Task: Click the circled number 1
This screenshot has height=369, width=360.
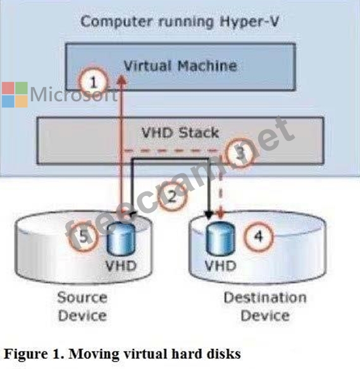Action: tap(94, 82)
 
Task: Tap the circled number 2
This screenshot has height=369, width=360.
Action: tap(172, 196)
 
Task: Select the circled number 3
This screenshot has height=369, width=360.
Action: tap(240, 153)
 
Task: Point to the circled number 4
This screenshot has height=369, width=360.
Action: tap(259, 236)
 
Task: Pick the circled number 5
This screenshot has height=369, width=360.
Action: tap(83, 236)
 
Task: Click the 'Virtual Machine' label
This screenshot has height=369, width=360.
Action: tap(180, 66)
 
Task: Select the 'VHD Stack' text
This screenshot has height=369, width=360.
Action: tap(180, 133)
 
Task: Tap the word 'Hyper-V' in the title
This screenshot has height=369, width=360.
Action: tap(249, 23)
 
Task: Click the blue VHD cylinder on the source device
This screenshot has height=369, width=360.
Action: tap(121, 239)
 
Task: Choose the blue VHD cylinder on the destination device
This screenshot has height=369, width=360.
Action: tap(221, 238)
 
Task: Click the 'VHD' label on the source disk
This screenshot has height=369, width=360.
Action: tap(121, 266)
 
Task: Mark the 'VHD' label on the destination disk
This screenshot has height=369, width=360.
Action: tap(221, 266)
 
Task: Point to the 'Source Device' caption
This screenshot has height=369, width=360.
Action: tap(82, 306)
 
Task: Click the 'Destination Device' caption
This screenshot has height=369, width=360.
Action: tap(265, 306)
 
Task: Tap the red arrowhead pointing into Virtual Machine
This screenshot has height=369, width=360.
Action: tap(121, 80)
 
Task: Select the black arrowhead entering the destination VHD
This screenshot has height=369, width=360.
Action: tap(209, 215)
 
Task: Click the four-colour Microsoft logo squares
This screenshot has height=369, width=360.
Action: tap(15, 95)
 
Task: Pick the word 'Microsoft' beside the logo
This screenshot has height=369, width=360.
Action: tap(74, 94)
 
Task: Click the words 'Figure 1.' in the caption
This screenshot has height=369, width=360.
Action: tap(34, 354)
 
